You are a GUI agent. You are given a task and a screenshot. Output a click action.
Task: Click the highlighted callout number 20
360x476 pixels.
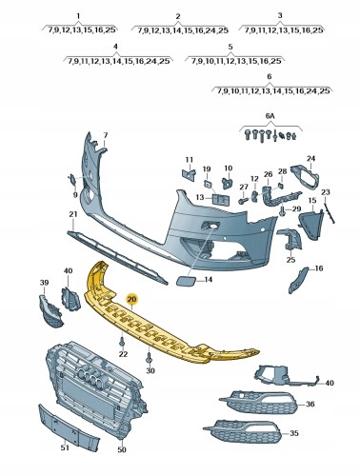coord(131,299)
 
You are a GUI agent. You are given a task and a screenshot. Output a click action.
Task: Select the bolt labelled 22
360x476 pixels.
coord(122,343)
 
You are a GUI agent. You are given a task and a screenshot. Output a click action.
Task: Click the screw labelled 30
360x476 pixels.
coord(149,359)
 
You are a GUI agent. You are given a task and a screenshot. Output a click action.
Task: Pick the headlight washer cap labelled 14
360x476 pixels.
coord(185,281)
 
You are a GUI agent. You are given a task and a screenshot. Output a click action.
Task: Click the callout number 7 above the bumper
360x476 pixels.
coord(106,135)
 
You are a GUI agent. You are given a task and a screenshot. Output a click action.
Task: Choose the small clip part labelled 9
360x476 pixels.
coord(72,179)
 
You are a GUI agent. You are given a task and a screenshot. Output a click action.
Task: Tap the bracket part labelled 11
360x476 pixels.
coord(189,174)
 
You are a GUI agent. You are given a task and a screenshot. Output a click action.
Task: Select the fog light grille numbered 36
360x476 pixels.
coord(258,402)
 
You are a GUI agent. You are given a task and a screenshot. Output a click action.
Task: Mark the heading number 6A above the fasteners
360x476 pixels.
coord(270,116)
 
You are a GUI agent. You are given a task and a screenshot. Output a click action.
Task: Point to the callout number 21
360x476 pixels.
coord(73,214)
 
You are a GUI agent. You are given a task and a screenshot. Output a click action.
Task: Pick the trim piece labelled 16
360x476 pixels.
coord(297,280)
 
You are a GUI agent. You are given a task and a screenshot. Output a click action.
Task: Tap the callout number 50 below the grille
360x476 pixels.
coord(122,449)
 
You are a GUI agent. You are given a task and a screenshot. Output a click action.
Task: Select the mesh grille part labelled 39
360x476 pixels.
coord(50,311)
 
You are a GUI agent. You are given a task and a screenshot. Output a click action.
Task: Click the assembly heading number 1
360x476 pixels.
coord(78,15)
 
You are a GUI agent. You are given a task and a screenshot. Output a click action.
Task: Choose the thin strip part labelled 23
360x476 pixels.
coord(329,213)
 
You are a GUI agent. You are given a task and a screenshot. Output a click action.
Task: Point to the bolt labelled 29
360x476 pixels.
coord(283,210)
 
